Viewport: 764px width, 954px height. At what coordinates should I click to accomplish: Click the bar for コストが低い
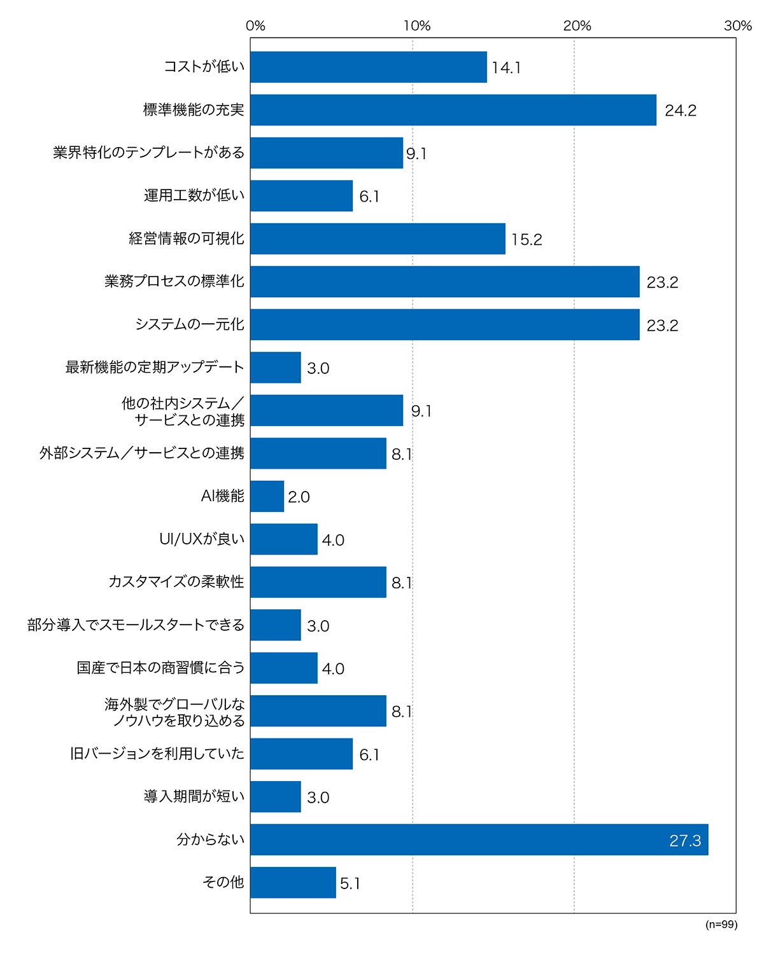pos(369,67)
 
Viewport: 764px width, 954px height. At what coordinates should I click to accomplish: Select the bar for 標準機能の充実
pos(453,110)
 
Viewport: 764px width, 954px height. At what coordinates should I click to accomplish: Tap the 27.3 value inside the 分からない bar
pos(685,840)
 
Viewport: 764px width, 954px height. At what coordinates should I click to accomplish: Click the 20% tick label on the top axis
pos(577,25)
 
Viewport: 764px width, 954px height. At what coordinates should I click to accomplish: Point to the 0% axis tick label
pos(255,25)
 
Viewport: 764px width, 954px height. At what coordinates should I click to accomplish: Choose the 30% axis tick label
pos(738,25)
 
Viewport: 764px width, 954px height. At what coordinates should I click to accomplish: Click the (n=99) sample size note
pos(721,924)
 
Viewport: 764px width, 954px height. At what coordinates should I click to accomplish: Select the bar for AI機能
pos(267,496)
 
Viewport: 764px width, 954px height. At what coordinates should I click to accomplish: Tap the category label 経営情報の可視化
pos(187,238)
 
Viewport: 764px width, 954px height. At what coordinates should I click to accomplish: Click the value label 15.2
pos(527,239)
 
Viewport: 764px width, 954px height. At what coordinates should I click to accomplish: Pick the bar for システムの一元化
pos(445,324)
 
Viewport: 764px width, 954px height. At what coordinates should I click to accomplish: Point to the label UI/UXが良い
pos(202,539)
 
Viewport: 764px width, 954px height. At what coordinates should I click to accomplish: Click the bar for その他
pos(293,883)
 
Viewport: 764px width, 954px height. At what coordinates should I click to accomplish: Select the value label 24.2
pos(681,111)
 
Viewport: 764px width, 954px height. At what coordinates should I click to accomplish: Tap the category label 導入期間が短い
pos(194,796)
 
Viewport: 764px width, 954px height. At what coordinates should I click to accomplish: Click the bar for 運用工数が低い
pos(301,195)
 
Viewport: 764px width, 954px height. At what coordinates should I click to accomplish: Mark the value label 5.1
pos(350,883)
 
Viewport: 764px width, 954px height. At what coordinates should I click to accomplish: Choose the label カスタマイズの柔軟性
pos(176,581)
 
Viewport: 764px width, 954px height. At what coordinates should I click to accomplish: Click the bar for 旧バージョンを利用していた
pos(301,754)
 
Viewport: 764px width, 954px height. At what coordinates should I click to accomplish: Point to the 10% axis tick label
pos(417,25)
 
